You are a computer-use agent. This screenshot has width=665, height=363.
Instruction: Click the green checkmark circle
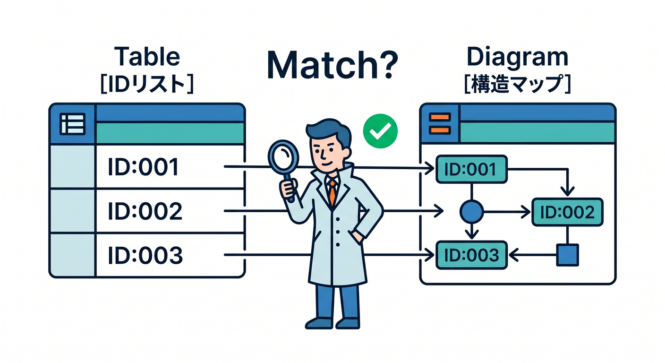point(380,131)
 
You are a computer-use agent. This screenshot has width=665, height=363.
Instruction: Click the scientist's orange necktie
point(332,191)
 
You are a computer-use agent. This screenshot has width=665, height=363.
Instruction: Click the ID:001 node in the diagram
point(471,169)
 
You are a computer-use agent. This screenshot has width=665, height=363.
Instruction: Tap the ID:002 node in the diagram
point(567,212)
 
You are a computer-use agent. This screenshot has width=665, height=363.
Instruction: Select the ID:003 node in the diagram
point(471,255)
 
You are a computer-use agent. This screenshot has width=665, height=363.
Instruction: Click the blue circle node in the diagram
point(471,212)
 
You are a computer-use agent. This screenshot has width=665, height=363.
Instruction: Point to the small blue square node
point(567,255)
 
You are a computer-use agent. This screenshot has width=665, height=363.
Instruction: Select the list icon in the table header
point(72,124)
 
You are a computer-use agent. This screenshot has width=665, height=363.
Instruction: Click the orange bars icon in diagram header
point(440,123)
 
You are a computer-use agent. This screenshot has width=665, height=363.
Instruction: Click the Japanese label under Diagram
point(517,84)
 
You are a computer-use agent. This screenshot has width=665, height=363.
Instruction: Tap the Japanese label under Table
point(147,84)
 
